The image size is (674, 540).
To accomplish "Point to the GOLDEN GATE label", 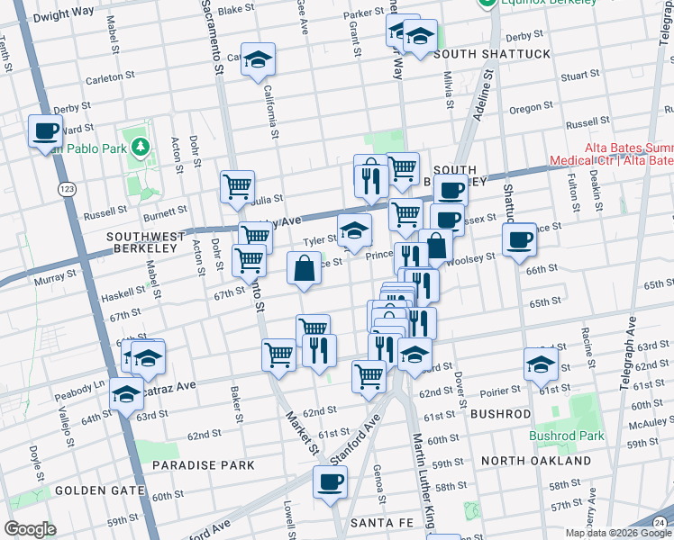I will click(100, 490).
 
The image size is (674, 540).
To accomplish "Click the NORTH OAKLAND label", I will click(536, 461).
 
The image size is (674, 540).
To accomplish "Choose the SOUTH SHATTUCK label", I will click(491, 54).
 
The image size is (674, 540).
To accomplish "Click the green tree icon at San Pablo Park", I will click(139, 146).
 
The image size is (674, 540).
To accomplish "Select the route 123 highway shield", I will click(64, 189).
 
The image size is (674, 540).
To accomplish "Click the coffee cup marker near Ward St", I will click(45, 131).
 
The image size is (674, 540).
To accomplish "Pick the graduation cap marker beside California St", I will click(259, 59).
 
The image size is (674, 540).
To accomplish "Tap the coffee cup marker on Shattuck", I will click(519, 239).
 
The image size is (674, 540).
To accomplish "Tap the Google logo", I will click(31, 529).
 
